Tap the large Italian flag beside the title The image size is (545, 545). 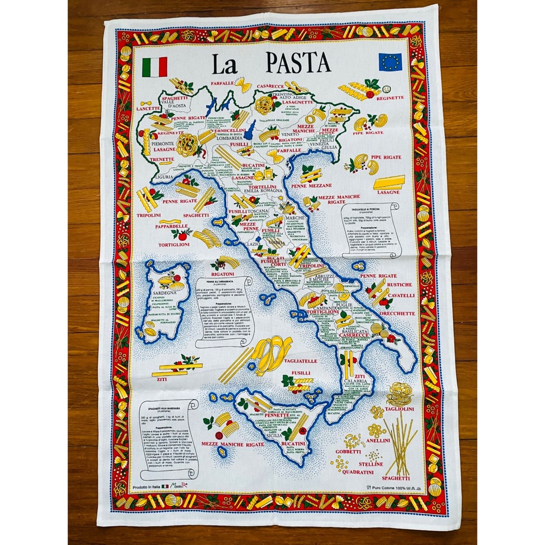154,66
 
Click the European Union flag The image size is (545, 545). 390,63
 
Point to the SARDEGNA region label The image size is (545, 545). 167,293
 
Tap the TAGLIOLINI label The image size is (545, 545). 400,409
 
